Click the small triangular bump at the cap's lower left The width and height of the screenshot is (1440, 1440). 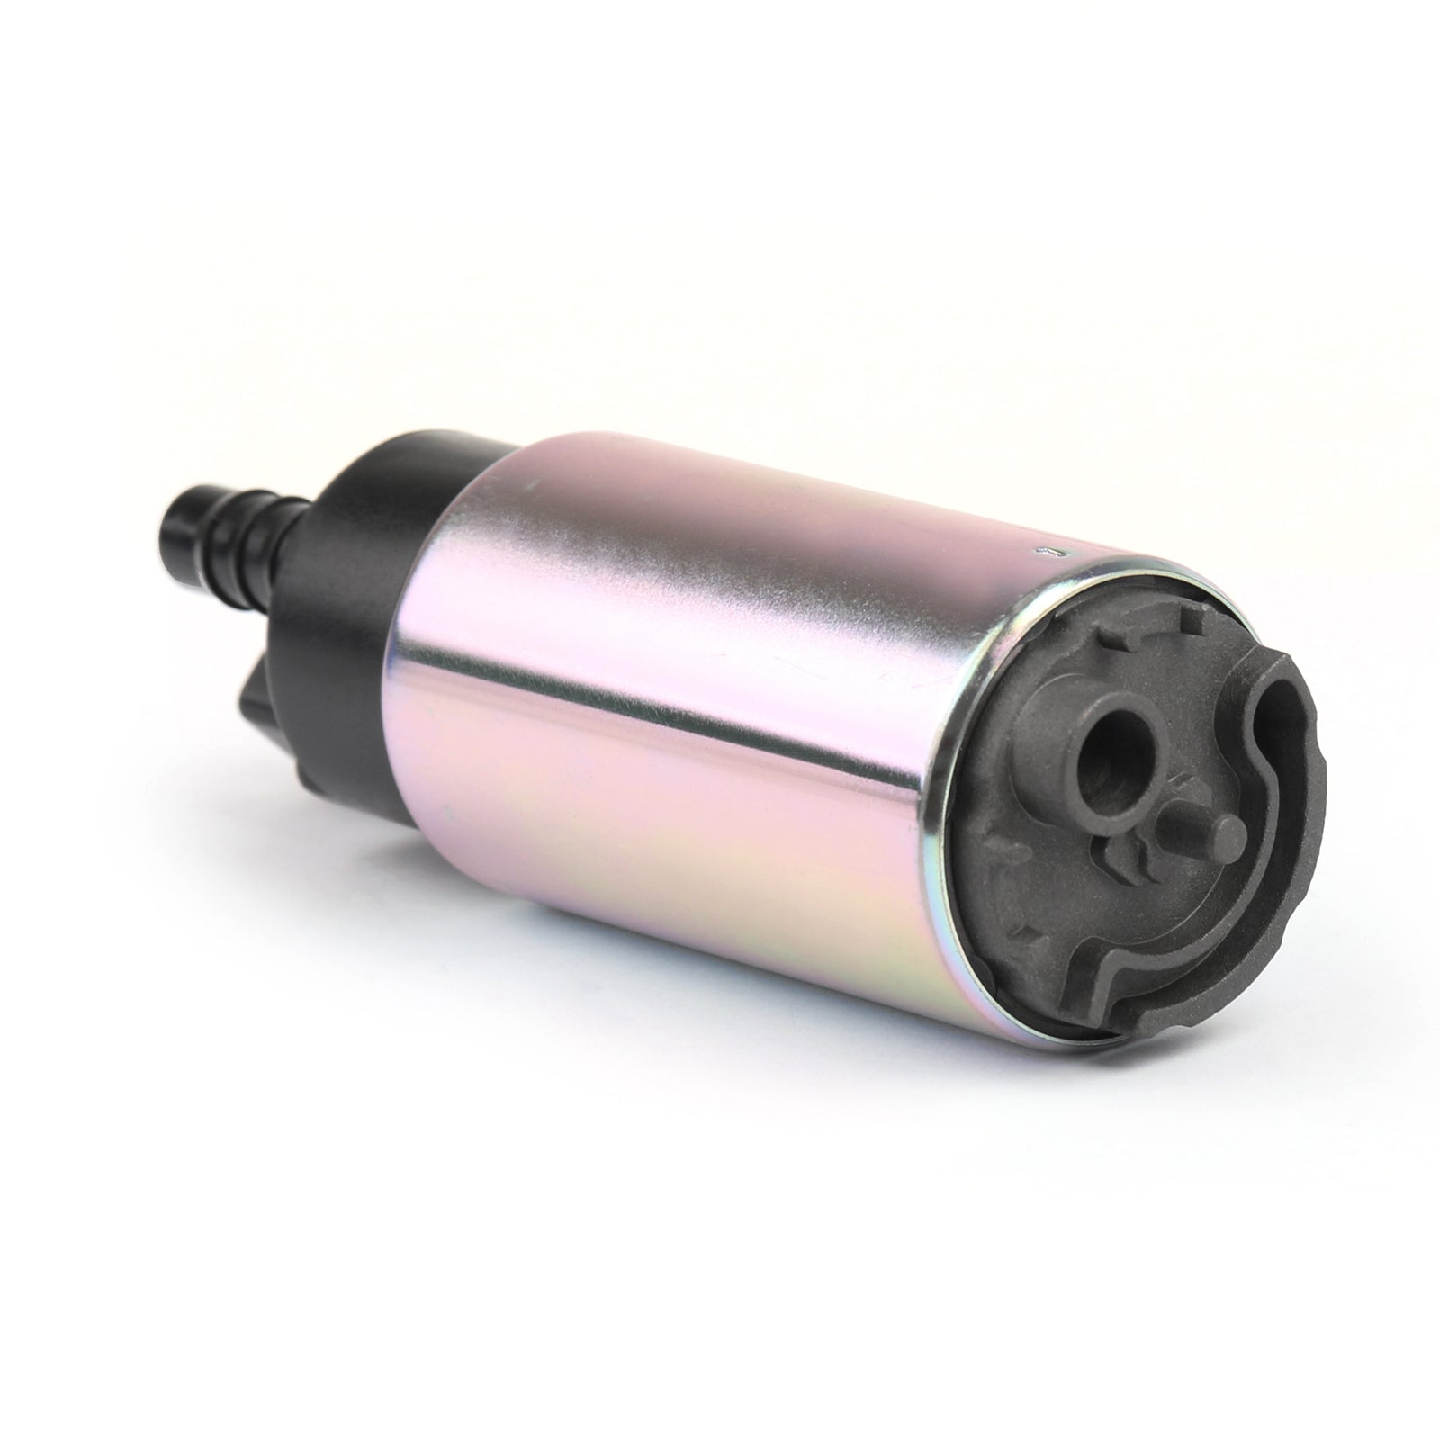point(1021,931)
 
